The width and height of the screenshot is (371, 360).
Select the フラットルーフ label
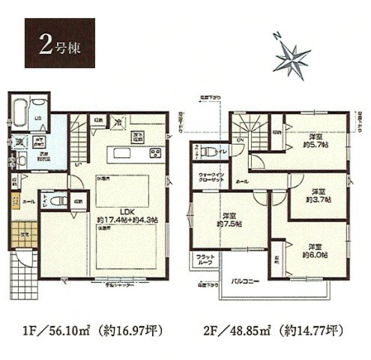[203, 262]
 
